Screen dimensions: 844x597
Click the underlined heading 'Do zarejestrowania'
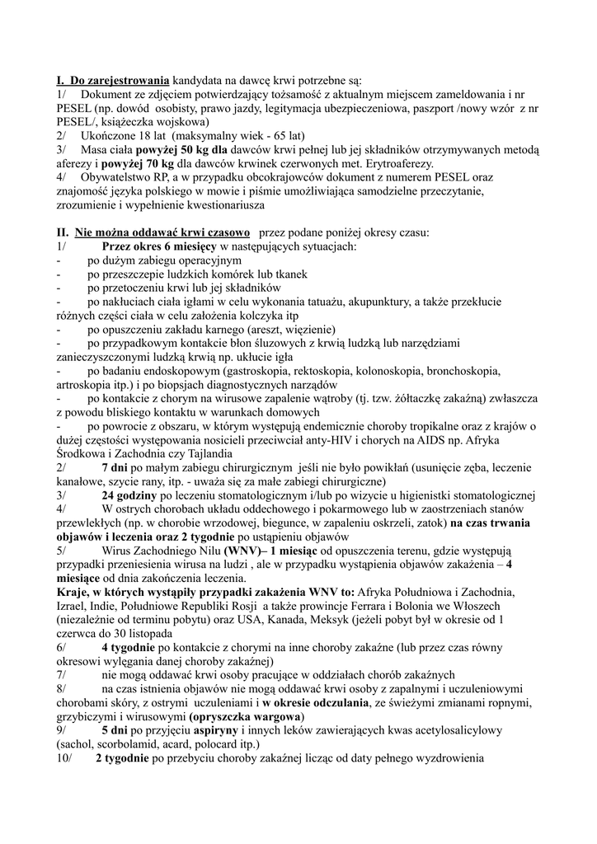(x=119, y=81)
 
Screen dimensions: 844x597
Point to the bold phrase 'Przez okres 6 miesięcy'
(x=158, y=246)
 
